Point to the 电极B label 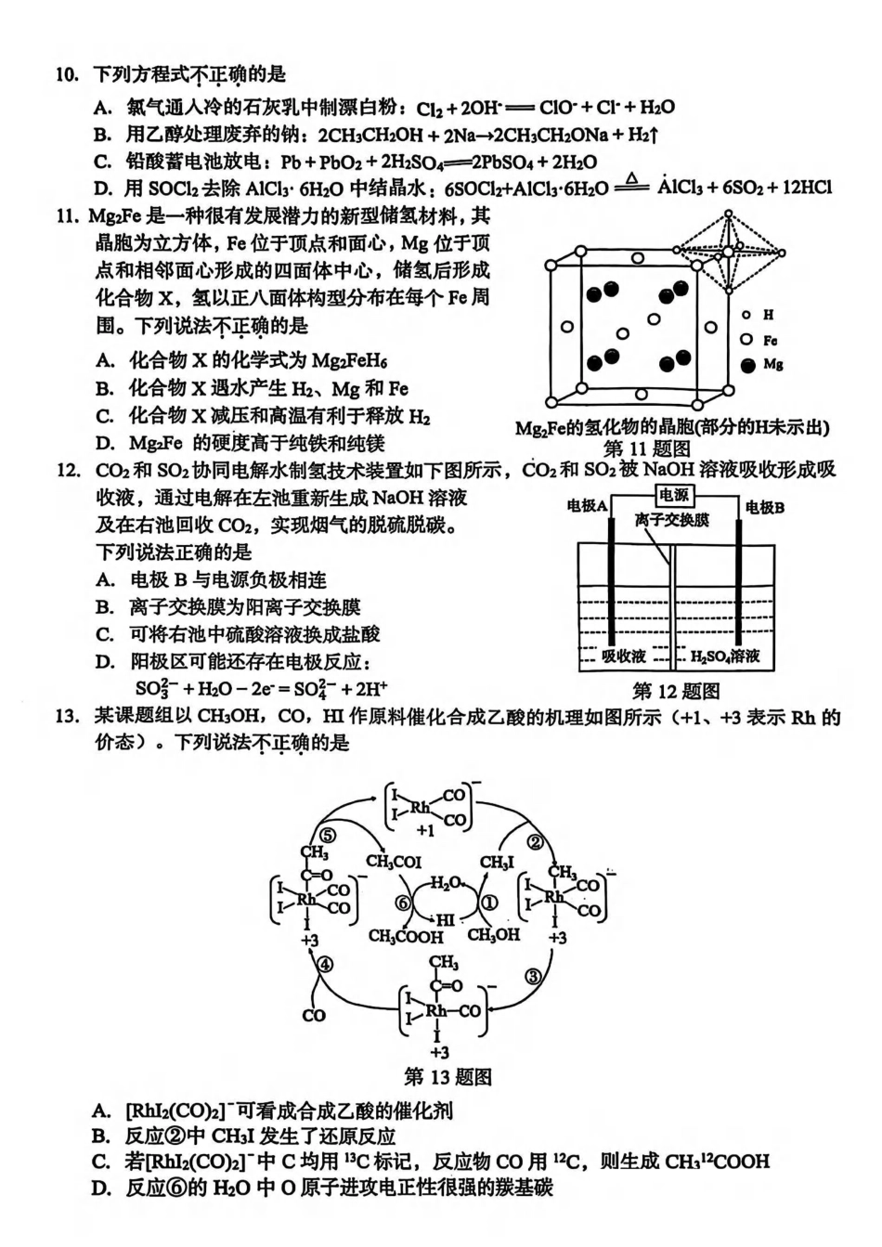click(x=765, y=507)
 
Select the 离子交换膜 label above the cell click(x=672, y=520)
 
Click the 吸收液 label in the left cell click(x=623, y=656)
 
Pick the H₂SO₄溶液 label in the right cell click(x=725, y=656)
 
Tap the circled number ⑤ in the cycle click(x=328, y=834)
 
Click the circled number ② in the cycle click(x=535, y=842)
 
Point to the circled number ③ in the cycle click(x=532, y=976)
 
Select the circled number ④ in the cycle click(x=323, y=964)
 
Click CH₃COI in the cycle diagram click(x=394, y=862)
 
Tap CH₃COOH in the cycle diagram click(x=406, y=936)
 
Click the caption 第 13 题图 click(x=448, y=1077)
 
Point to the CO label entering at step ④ click(x=314, y=1015)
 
